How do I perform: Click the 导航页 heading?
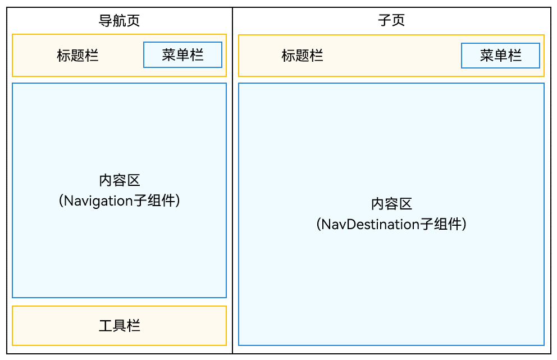tap(120, 21)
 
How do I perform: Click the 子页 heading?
tap(391, 20)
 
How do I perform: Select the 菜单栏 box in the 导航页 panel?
tap(182, 54)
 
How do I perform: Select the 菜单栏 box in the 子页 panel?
tap(500, 56)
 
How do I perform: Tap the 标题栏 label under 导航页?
tap(77, 56)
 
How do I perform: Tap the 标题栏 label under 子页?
tap(302, 56)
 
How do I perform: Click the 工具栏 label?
tap(120, 326)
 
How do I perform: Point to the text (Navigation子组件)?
tap(120, 201)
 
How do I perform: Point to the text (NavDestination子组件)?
tap(391, 224)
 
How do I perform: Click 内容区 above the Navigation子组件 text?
tap(120, 180)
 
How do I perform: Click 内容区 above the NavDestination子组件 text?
tap(391, 204)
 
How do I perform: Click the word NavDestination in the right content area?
tap(371, 224)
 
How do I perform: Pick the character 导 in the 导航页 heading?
tap(106, 21)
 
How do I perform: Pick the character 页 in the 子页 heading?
tap(398, 20)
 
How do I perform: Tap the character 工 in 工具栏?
tap(106, 326)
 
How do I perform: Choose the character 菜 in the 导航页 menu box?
tap(169, 54)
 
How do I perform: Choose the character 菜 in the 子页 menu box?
tap(487, 56)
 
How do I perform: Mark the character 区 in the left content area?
tap(134, 180)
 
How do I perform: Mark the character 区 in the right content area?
tap(405, 204)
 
